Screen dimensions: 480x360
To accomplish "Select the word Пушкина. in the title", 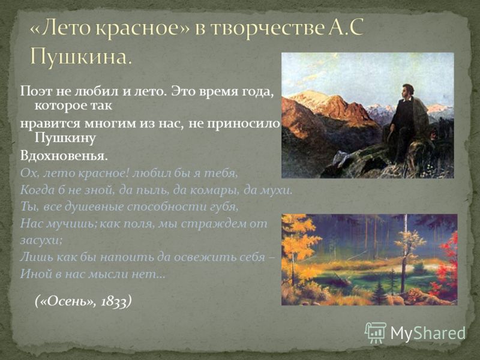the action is pos(82,56).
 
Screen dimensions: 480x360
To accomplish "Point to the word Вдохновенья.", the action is pos(64,156).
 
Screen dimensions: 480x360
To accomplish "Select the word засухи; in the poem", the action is pos(41,240).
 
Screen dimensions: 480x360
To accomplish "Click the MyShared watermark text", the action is pos(428,333).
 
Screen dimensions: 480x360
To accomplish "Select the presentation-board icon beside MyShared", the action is pos(376,332).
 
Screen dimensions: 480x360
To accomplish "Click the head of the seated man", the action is pos(408,91).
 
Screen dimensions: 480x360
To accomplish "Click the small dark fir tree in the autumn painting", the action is pos(379,292).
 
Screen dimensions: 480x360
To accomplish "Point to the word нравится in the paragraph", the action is pos(50,124).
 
